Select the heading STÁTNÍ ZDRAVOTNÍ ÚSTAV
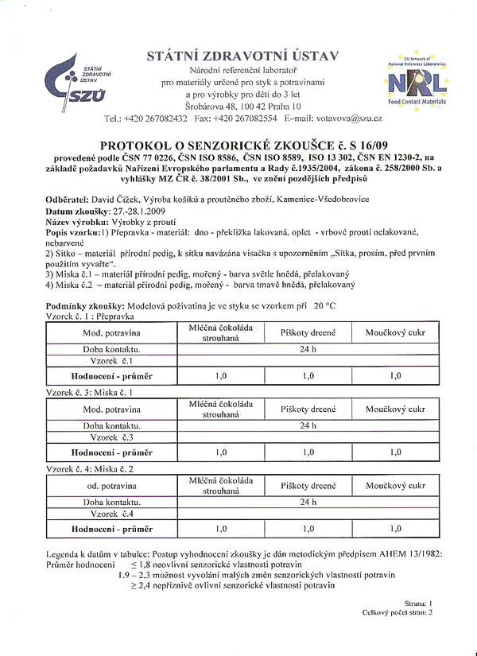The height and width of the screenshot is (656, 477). [242, 56]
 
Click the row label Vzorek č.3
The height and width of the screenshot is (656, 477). [111, 437]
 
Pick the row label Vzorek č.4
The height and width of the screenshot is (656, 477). [111, 514]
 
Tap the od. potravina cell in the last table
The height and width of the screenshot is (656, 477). [111, 485]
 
